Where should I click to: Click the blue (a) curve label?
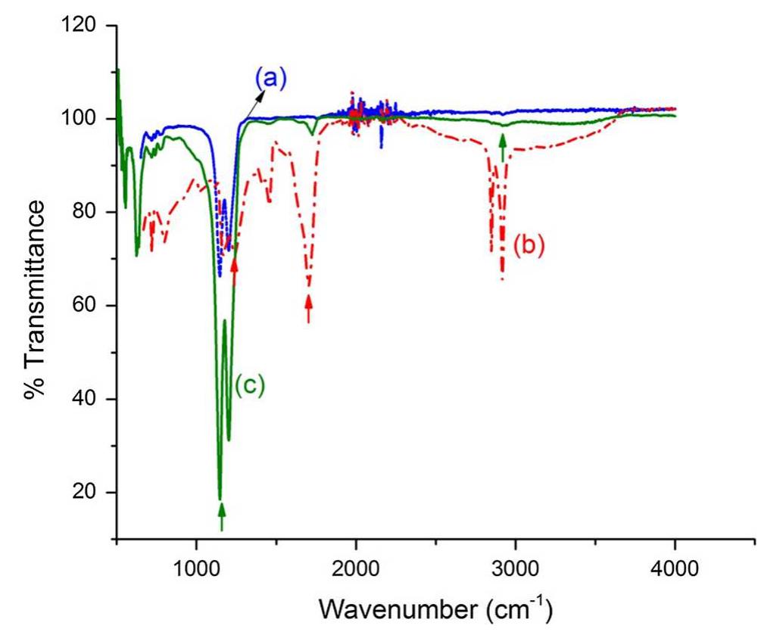point(270,78)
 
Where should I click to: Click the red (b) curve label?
point(529,246)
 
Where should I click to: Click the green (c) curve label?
point(249,385)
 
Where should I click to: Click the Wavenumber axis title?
point(435,607)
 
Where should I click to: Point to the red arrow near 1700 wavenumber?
point(308,309)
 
